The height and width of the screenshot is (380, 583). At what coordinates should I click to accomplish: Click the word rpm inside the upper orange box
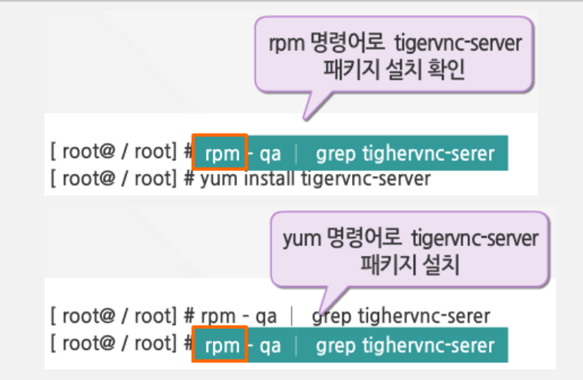point(220,154)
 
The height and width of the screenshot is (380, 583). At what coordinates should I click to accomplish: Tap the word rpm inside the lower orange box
point(220,345)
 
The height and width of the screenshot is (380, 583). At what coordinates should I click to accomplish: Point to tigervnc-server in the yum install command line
point(366,179)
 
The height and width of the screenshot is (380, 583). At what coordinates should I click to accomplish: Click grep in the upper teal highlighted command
point(336,154)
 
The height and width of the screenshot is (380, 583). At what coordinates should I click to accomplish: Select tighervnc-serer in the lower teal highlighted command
point(429,345)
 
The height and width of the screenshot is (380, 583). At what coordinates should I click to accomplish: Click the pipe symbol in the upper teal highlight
point(296,154)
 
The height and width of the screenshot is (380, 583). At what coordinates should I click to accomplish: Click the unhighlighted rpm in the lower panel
point(220,316)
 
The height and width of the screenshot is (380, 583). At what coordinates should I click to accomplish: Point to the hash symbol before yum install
point(189,179)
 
